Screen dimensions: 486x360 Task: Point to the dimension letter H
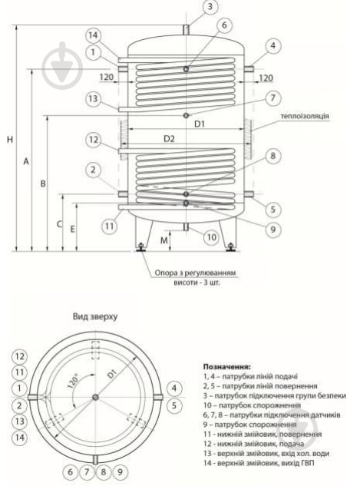tap(8, 140)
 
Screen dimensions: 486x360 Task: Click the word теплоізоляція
tap(305, 116)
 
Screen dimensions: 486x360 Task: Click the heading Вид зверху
tap(94, 316)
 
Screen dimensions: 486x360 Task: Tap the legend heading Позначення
tap(228, 367)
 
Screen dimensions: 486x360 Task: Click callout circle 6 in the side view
tap(225, 25)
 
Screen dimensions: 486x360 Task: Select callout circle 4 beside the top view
tap(174, 388)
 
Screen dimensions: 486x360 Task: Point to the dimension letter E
tap(73, 229)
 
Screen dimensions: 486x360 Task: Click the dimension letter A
tap(25, 162)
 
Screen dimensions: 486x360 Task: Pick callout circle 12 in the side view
tap(93, 141)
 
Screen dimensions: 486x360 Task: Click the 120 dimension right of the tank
tap(266, 78)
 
